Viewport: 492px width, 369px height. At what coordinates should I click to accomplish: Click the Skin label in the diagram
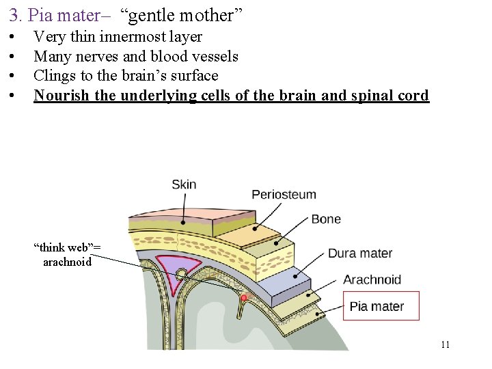[x=184, y=184]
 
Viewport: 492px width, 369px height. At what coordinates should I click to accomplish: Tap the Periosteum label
[x=284, y=194]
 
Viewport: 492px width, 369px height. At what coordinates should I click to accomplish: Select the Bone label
[x=326, y=219]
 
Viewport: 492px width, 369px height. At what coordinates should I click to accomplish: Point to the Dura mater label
[x=360, y=254]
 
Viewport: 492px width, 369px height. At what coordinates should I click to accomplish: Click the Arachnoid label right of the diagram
[x=372, y=279]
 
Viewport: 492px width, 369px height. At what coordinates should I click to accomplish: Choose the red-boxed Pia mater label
[x=377, y=306]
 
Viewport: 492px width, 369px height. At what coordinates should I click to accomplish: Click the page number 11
[x=445, y=344]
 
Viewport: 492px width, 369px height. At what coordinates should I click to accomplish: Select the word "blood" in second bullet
[x=169, y=56]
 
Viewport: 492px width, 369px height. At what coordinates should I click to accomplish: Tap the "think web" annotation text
[x=68, y=247]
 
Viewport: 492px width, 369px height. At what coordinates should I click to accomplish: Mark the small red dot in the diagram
[x=243, y=298]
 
